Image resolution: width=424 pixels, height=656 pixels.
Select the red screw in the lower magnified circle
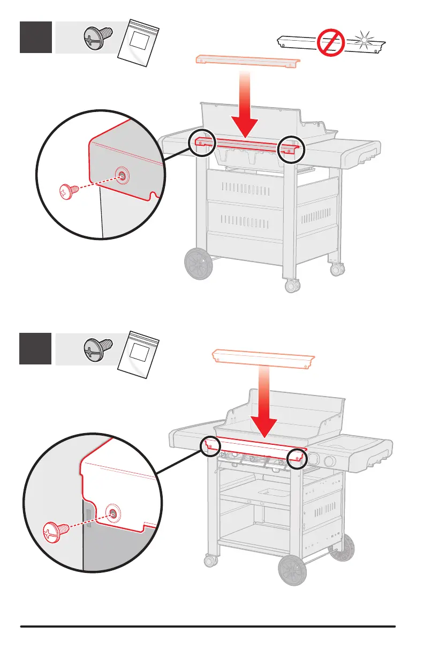click(56, 532)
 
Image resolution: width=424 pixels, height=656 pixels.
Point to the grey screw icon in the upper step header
click(98, 36)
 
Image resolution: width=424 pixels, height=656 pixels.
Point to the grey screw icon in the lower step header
click(98, 348)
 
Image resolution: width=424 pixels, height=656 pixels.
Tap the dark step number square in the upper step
click(36, 37)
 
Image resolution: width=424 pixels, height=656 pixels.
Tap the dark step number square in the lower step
click(36, 348)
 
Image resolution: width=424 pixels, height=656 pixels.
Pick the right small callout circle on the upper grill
click(291, 149)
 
